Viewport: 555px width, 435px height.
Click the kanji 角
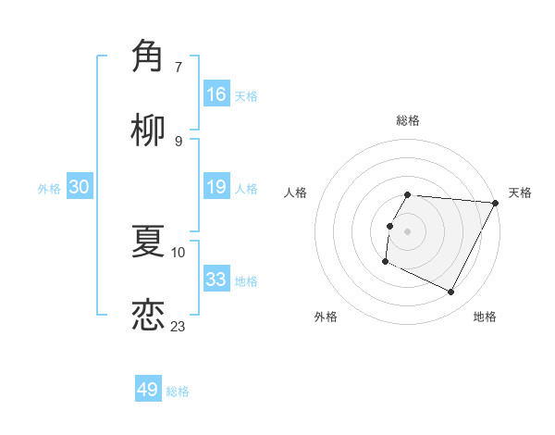(148, 56)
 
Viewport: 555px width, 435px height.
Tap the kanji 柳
(148, 130)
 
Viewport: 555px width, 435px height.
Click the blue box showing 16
(216, 94)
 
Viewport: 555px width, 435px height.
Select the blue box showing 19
(216, 188)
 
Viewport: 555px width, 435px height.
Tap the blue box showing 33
(216, 280)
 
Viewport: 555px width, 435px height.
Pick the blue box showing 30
(80, 188)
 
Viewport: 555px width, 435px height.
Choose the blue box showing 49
(148, 390)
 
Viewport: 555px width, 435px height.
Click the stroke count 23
(179, 326)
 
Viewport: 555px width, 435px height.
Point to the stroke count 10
(179, 251)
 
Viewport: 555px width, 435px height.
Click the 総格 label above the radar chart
(408, 120)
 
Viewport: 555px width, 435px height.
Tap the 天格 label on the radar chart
(520, 193)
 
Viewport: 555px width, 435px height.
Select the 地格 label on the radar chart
(485, 317)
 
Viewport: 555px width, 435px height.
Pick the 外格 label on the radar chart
(326, 317)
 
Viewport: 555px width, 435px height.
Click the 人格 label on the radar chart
(296, 193)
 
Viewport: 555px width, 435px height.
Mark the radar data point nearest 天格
(496, 203)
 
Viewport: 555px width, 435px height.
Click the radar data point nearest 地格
(451, 292)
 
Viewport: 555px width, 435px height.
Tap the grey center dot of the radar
(408, 231)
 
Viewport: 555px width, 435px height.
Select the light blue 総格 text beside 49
(178, 391)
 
